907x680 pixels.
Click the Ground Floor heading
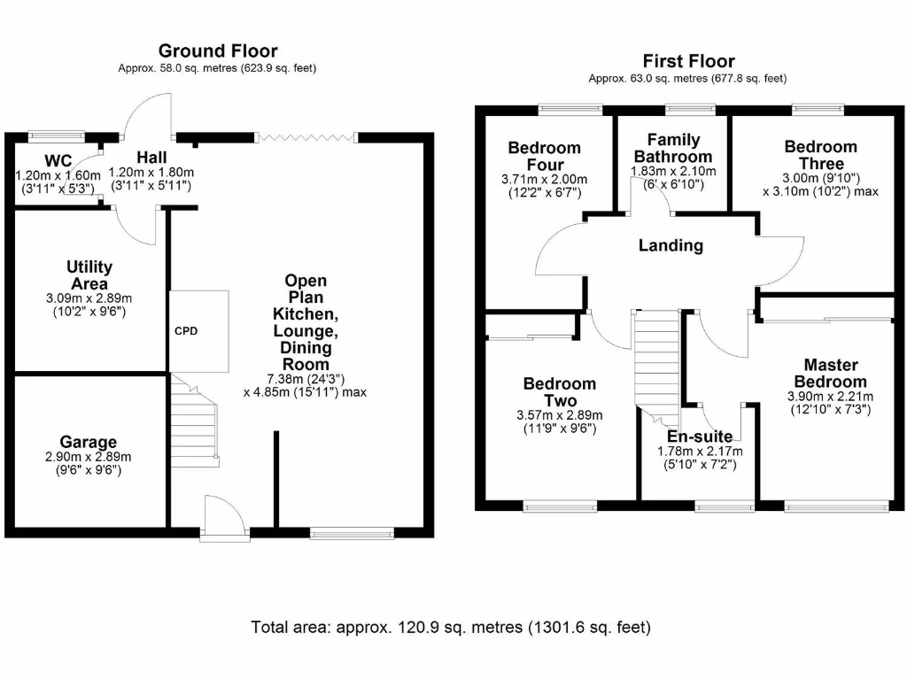217,51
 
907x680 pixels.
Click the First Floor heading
688,61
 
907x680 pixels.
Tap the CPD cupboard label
186,331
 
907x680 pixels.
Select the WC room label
58,161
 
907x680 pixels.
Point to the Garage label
88,442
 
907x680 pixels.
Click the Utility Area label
89,274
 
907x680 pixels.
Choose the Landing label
671,246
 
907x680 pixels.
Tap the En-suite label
699,437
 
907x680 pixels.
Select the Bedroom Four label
544,156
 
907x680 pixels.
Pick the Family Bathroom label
673,148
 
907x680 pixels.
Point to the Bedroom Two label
559,392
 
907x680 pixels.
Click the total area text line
451,628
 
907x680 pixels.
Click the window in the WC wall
55,136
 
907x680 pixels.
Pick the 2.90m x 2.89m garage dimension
88,457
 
